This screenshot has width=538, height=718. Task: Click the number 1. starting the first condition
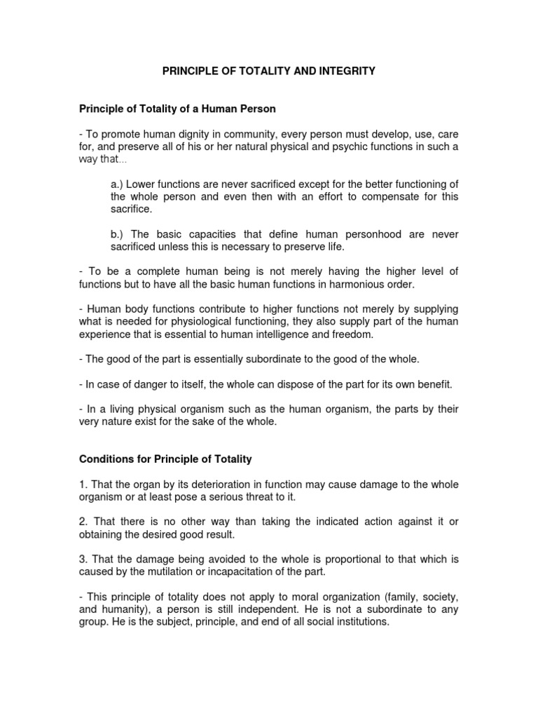click(81, 485)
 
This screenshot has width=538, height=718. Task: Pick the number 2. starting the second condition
click(81, 522)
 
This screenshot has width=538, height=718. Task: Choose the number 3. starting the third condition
click(81, 559)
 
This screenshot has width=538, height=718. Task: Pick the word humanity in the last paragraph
click(119, 609)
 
